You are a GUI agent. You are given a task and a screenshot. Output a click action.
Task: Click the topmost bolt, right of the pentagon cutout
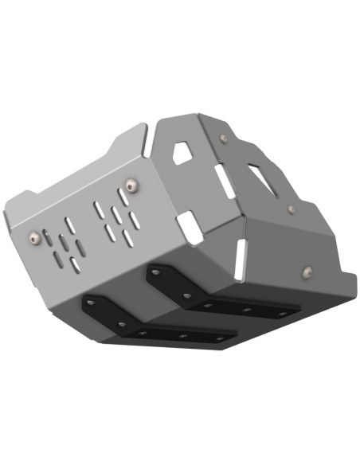pyautogui.click(x=223, y=139)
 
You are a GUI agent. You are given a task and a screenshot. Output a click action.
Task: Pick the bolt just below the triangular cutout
pyautogui.click(x=291, y=209)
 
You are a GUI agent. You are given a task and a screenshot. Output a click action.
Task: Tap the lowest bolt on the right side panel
pyautogui.click(x=307, y=275)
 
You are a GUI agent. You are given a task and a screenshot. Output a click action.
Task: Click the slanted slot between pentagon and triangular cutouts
pyautogui.click(x=225, y=182)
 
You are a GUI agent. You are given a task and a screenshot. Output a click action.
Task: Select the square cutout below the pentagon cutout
pyautogui.click(x=189, y=227)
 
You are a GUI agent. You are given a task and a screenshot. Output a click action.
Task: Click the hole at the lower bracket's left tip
pyautogui.click(x=92, y=303)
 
